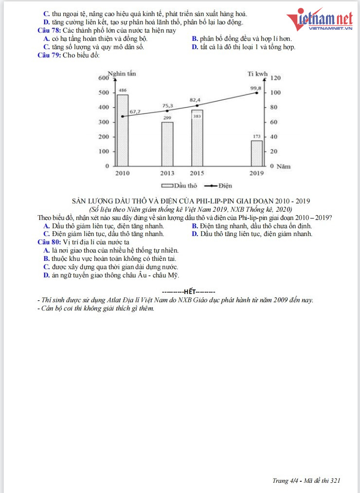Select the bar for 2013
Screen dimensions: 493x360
tap(167, 144)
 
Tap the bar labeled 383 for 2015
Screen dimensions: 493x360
tap(197, 138)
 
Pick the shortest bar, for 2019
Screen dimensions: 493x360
tap(256, 153)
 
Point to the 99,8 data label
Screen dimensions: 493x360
tap(256, 88)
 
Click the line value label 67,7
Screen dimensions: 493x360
tap(135, 112)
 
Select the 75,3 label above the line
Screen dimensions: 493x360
tap(167, 106)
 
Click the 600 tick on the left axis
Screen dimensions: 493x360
tap(104, 78)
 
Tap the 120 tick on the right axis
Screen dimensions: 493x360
tap(276, 78)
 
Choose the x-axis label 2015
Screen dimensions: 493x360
tap(197, 173)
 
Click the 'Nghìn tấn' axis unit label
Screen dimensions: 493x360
tap(122, 73)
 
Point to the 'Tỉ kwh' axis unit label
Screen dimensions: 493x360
tap(257, 74)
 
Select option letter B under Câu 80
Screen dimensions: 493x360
tap(46, 258)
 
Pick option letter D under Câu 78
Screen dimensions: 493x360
tap(195, 47)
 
